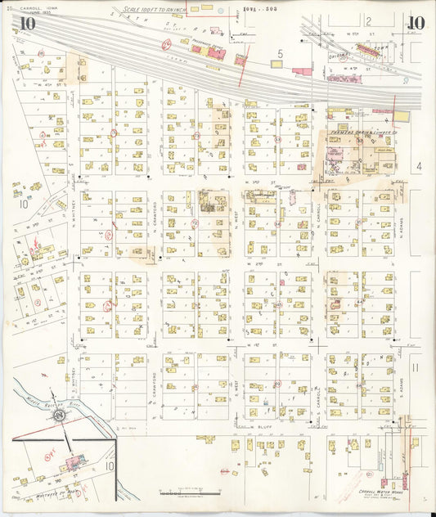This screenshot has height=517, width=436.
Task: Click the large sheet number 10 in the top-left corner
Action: pyautogui.click(x=27, y=24)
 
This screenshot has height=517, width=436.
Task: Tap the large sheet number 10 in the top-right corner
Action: pyautogui.click(x=415, y=23)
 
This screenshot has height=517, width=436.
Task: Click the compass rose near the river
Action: pyautogui.click(x=60, y=416)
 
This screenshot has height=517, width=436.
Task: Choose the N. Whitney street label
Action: pyautogui.click(x=73, y=214)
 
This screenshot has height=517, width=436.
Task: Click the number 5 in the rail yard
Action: pyautogui.click(x=280, y=54)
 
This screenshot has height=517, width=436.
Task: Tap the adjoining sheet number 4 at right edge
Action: pyautogui.click(x=417, y=166)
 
